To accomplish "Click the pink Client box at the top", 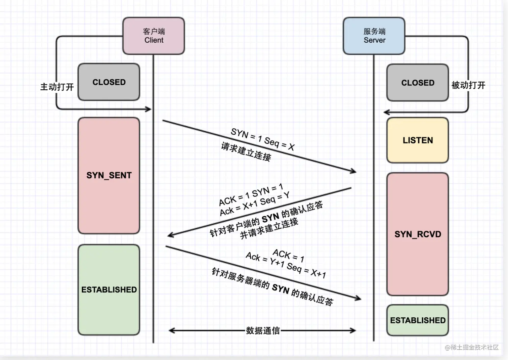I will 154,36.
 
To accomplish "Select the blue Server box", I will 374,36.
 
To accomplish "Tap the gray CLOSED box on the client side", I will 109,82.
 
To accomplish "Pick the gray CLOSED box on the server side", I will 418,83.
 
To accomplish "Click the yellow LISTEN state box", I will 418,140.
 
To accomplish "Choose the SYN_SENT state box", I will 109,175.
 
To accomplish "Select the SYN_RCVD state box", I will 418,234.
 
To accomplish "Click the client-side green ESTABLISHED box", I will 109,289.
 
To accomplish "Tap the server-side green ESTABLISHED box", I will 418,320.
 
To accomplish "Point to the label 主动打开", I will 57,87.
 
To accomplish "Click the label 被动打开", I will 468,85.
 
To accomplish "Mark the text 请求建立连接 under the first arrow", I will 246,152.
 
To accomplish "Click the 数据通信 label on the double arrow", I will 263,331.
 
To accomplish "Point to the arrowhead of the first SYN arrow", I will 353,172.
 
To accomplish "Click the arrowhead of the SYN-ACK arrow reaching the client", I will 170,235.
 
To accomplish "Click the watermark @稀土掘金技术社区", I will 472,347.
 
